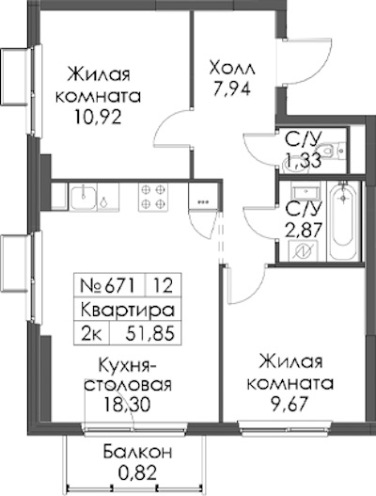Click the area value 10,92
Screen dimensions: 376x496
click(x=98, y=118)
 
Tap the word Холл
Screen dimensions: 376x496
click(x=232, y=69)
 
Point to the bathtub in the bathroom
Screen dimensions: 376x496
click(x=343, y=221)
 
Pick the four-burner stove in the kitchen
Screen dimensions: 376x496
click(x=153, y=197)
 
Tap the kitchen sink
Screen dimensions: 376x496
click(x=83, y=198)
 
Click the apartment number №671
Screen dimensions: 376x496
click(x=108, y=285)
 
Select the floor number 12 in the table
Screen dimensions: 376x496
click(x=164, y=285)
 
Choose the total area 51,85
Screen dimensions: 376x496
click(x=149, y=334)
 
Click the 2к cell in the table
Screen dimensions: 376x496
click(x=91, y=334)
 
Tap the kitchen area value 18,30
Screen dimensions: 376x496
click(x=128, y=405)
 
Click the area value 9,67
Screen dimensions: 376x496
click(x=290, y=404)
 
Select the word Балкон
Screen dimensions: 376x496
click(x=138, y=453)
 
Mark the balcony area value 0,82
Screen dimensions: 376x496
click(x=137, y=472)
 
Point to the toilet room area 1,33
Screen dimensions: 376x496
click(x=303, y=159)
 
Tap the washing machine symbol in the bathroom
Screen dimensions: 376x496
click(x=303, y=251)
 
